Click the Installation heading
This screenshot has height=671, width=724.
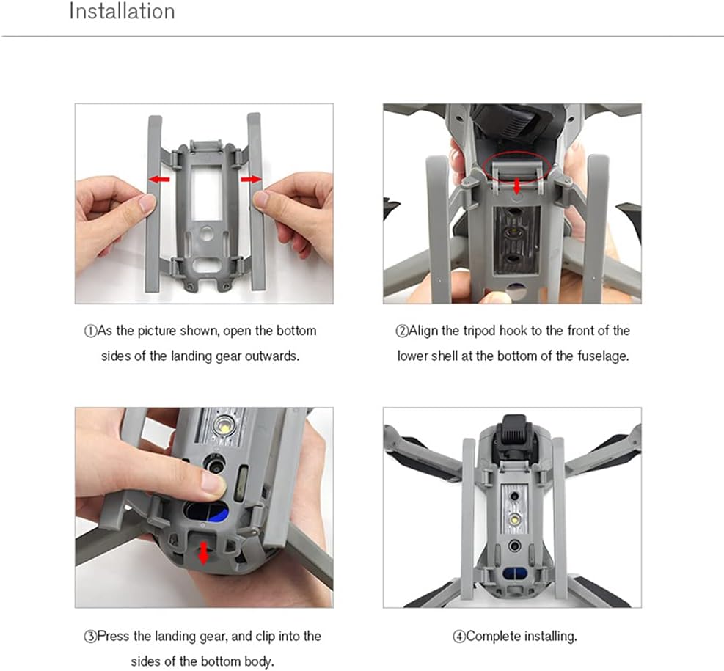122,11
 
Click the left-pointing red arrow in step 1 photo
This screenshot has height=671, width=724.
159,179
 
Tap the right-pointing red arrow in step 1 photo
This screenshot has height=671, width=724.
251,179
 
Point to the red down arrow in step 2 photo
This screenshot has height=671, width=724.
516,187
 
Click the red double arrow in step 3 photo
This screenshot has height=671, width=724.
203,554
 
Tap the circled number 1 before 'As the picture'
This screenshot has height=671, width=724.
90,331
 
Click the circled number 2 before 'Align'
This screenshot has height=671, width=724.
401,331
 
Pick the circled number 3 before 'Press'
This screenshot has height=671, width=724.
90,637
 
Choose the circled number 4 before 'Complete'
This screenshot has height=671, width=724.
459,637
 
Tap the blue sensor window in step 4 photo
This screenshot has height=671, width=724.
515,574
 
